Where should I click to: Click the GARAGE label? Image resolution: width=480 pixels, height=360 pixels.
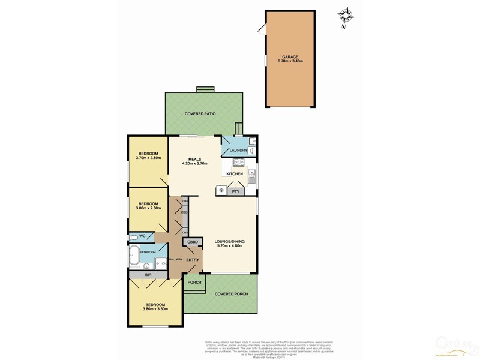290,57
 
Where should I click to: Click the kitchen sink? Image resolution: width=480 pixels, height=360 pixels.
252,176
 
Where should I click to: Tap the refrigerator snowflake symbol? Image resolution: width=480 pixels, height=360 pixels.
221,191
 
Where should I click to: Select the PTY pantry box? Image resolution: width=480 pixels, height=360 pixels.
236,191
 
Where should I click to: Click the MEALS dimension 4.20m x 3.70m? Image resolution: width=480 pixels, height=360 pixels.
194,163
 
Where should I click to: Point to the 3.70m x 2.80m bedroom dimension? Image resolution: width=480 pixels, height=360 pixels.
149,158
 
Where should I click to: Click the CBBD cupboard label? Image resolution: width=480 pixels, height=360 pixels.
193,242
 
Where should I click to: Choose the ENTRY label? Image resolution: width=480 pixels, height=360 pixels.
193,259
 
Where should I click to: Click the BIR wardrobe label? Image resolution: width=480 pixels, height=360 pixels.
148,274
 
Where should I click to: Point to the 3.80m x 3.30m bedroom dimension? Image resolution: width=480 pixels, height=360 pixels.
155,309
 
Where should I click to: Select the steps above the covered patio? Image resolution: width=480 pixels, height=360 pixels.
205,89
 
